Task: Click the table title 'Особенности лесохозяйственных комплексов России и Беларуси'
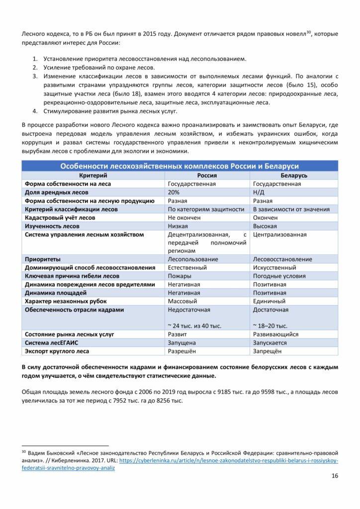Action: point(180,166)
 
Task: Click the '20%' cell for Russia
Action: point(174,192)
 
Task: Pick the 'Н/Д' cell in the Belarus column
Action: point(259,192)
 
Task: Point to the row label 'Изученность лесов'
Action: point(52,226)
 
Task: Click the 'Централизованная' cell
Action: point(280,235)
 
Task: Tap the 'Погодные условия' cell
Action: point(279,276)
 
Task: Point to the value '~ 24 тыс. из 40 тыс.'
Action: point(194,326)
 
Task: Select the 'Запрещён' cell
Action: point(267,351)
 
